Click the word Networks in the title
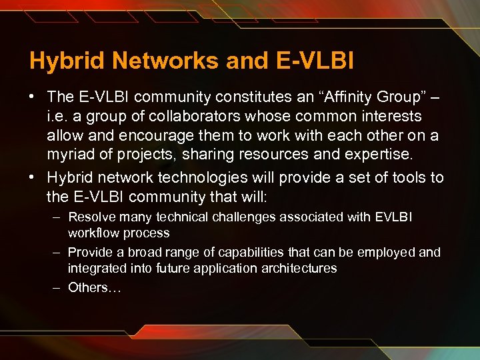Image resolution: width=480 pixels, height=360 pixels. coord(167,61)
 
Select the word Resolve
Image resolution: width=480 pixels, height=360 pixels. coord(91,217)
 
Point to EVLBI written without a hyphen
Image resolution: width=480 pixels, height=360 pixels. coord(394,217)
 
